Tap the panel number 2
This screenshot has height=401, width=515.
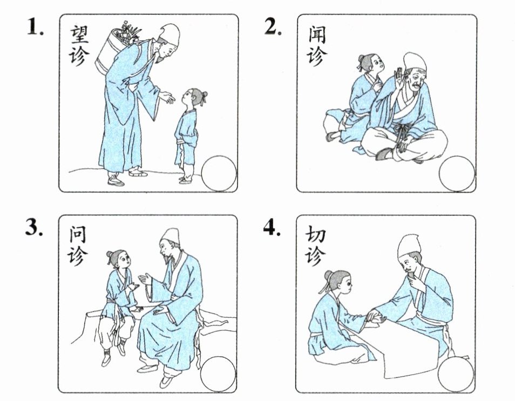pos(273,26)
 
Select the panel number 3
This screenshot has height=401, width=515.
pos(35,227)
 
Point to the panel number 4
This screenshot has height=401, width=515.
pos(272,227)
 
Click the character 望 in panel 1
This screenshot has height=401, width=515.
pos(79,35)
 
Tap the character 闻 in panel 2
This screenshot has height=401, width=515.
pos(317,35)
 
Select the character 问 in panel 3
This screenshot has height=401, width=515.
pos(78,236)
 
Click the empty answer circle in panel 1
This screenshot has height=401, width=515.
pos(219,174)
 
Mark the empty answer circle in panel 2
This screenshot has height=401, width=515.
pos(457,174)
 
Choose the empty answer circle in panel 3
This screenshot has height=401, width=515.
pos(218,374)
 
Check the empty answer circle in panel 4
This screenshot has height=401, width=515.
pos(456,374)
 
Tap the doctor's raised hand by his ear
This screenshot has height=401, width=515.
pos(399,79)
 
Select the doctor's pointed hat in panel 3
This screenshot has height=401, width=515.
pos(170,236)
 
